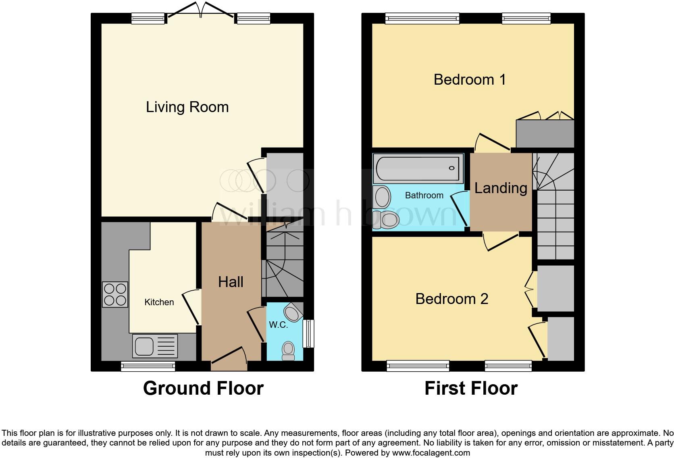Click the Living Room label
coord(187,107)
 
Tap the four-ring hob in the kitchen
coord(115,295)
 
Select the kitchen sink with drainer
coord(155,346)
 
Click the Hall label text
coord(231,282)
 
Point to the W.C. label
coord(279,325)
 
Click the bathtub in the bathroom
coord(418,168)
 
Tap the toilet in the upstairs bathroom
coord(386,220)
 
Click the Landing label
coord(501,188)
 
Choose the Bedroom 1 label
coord(470,79)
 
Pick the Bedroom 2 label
coord(451,299)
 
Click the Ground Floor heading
coord(203,388)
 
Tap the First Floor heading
coord(471,388)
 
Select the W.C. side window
coord(308,333)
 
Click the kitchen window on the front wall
coord(148,366)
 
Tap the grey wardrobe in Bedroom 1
coord(545,133)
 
